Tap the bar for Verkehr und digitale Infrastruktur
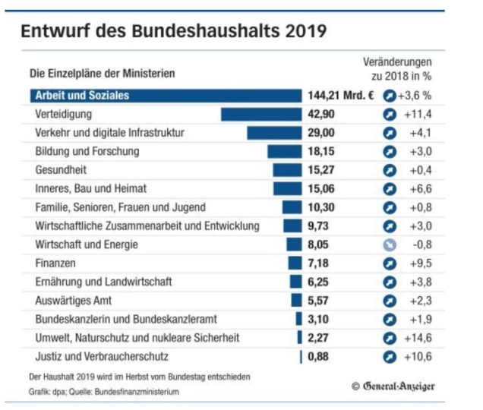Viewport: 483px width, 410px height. pyautogui.click(x=274, y=133)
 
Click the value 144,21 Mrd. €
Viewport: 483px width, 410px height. pyautogui.click(x=342, y=96)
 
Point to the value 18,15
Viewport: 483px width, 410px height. pyautogui.click(x=320, y=151)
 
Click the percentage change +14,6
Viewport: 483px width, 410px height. pyautogui.click(x=418, y=338)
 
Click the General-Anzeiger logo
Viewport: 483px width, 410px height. pyautogui.click(x=393, y=386)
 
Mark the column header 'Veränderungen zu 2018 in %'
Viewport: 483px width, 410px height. pyautogui.click(x=402, y=68)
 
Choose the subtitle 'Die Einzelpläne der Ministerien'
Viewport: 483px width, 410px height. pyautogui.click(x=102, y=74)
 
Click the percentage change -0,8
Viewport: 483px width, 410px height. pyautogui.click(x=421, y=244)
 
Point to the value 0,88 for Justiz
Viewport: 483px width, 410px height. pyautogui.click(x=319, y=356)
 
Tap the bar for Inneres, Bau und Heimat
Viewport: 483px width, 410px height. pyautogui.click(x=287, y=188)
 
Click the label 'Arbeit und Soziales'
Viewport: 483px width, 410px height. pyautogui.click(x=81, y=96)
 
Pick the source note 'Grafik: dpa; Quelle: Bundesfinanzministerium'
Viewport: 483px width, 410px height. pyautogui.click(x=106, y=392)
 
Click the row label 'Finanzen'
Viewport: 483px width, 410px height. pyautogui.click(x=55, y=263)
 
